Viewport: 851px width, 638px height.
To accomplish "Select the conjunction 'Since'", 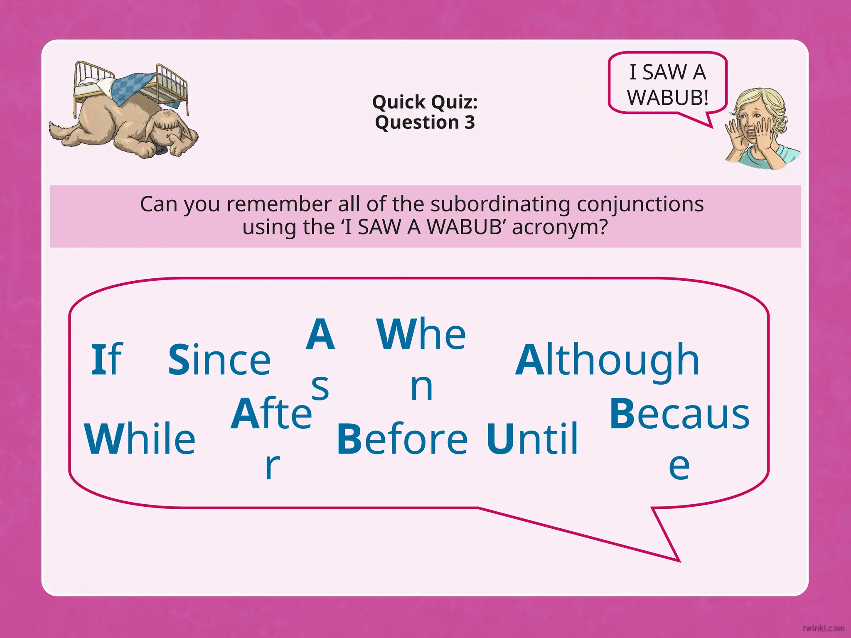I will click(x=219, y=360).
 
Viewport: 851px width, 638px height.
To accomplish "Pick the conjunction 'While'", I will click(x=140, y=439).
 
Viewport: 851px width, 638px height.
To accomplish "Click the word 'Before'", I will click(x=402, y=439).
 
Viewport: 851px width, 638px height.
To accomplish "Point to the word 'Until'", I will click(x=532, y=439).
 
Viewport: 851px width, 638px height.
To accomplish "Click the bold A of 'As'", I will click(x=320, y=334).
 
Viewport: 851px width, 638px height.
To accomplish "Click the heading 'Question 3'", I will click(x=425, y=123).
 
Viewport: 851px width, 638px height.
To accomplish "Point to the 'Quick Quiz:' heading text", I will click(x=425, y=102).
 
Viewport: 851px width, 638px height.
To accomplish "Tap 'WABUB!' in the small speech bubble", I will click(x=667, y=98).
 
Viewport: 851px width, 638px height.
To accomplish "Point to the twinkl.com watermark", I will click(x=823, y=628).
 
